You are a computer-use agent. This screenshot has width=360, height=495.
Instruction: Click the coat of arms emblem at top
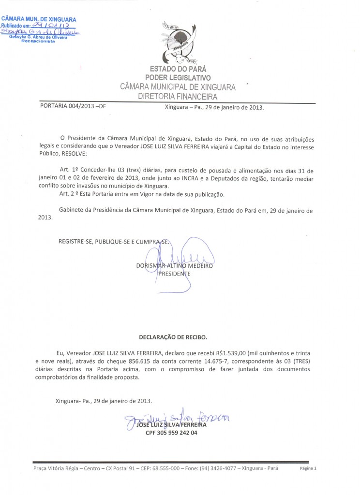[x=179, y=44]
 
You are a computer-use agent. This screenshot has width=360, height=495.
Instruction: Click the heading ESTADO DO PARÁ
[x=178, y=69]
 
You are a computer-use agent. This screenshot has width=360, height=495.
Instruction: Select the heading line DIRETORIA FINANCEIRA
[x=178, y=97]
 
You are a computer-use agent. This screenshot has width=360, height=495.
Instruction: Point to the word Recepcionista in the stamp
[x=38, y=42]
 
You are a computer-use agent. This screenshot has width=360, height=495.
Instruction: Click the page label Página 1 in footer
[x=308, y=469]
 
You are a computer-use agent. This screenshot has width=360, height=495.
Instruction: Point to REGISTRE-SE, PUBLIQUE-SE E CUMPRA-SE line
[x=114, y=241]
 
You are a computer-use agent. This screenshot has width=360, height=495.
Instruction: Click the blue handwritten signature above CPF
[x=179, y=418]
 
